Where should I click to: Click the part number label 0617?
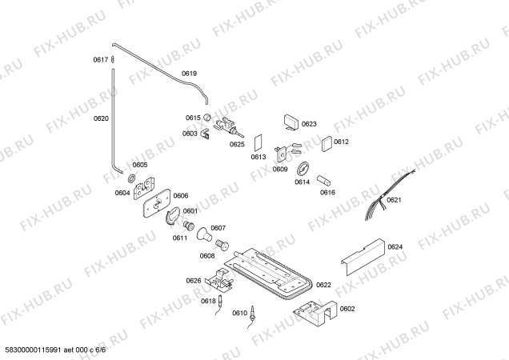point(100,59)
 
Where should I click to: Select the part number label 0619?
point(189,74)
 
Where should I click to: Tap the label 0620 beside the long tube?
point(100,118)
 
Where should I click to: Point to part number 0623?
point(309,124)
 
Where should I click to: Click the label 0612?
point(342,142)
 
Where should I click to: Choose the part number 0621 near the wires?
point(394,200)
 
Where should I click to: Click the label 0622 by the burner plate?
point(323,285)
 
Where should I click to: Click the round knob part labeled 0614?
point(302,169)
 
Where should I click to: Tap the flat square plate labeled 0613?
point(258,143)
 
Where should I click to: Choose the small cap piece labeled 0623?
point(290,122)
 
